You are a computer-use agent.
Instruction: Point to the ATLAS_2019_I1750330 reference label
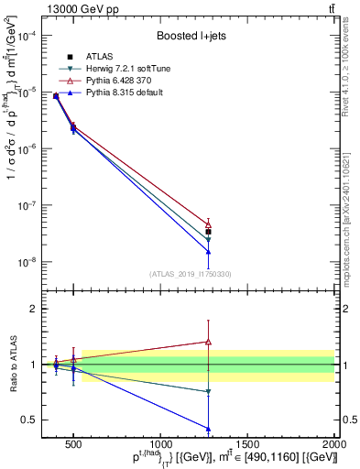pyautogui.click(x=189, y=273)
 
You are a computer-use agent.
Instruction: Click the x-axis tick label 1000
pyautogui.click(x=160, y=443)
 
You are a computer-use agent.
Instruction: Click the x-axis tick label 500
pyautogui.click(x=74, y=443)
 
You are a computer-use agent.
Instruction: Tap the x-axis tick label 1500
pyautogui.click(x=247, y=443)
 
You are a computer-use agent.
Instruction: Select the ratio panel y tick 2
pyautogui.click(x=34, y=309)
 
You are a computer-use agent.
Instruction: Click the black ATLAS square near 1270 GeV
pyautogui.click(x=208, y=232)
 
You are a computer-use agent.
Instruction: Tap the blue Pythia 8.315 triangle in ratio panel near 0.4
pyautogui.click(x=208, y=428)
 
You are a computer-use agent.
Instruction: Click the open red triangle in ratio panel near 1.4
pyautogui.click(x=208, y=342)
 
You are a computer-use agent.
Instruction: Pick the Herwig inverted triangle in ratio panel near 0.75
pyautogui.click(x=208, y=392)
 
